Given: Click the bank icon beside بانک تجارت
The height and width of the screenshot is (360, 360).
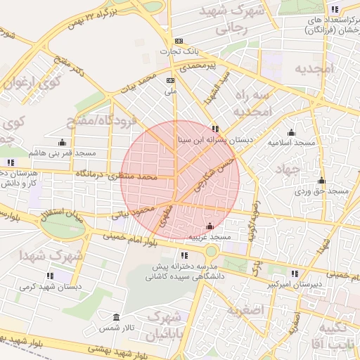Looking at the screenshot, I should point(179,41).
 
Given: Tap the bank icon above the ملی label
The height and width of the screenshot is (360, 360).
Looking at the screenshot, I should point(169,80).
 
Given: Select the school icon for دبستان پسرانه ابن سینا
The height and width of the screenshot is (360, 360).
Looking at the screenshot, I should point(215,129).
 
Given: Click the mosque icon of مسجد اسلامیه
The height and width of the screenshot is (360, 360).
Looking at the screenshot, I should point(291,132).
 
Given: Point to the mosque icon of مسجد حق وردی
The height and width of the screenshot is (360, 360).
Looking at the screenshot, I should point(321,180).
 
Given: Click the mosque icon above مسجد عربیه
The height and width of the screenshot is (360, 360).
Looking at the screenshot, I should point(209,226).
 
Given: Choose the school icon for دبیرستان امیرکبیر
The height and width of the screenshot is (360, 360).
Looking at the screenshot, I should point(295,274).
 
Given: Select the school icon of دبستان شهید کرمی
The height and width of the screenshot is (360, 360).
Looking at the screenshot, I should point(50,276).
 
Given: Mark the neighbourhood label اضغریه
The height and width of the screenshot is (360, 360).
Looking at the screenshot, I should point(245,309).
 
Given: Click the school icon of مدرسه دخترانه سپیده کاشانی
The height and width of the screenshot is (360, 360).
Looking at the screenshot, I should point(184,255).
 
